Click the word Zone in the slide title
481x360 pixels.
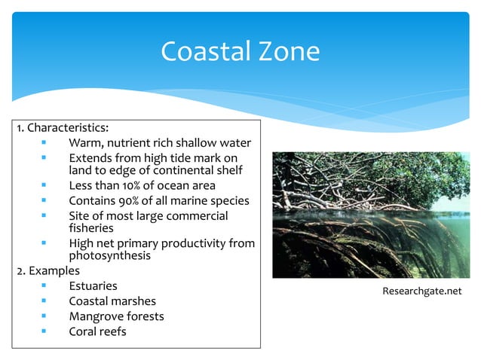click(x=289, y=52)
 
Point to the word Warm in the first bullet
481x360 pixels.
click(x=84, y=143)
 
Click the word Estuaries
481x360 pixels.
click(x=93, y=286)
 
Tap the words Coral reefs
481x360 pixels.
click(x=97, y=331)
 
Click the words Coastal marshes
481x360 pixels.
click(x=112, y=301)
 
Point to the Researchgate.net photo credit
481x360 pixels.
click(x=421, y=291)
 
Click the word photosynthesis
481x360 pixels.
click(x=109, y=255)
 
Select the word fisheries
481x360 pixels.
click(x=91, y=227)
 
